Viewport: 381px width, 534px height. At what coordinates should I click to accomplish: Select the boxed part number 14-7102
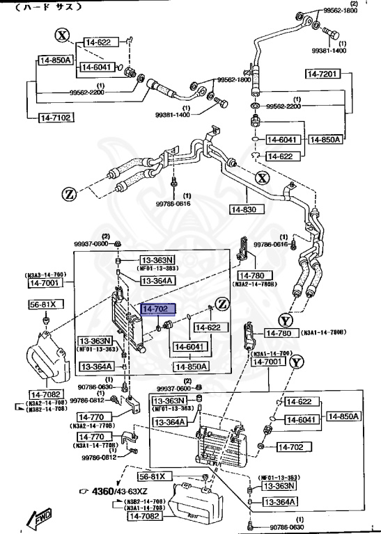point(54,118)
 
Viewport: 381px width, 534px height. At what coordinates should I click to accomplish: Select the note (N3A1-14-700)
point(270,353)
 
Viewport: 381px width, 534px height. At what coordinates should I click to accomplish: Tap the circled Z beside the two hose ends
point(70,193)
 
